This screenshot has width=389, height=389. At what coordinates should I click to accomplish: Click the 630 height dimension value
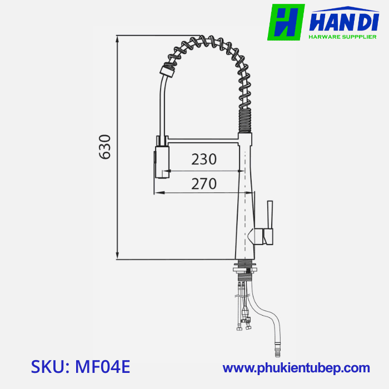[x=105, y=147]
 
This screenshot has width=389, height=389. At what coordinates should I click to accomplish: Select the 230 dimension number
[x=204, y=159]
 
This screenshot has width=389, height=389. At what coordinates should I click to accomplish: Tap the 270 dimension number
[x=204, y=183]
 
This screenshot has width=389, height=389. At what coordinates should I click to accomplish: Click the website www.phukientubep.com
[x=296, y=368]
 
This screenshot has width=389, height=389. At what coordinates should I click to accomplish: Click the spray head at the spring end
[x=166, y=71]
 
